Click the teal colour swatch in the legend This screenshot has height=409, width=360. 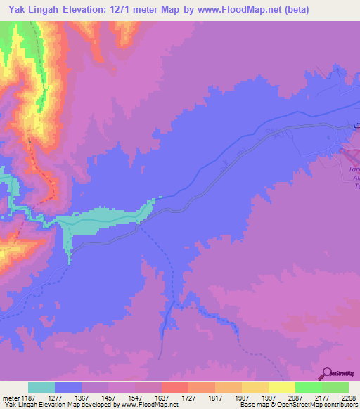[41, 387]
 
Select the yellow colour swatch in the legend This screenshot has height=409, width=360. [281, 387]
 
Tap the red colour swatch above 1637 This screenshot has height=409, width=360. [175, 387]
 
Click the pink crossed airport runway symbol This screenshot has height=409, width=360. [350, 150]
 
